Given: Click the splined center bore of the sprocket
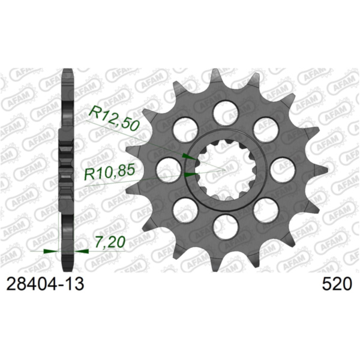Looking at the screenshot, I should pos(224,170).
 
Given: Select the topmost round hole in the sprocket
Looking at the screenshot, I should pos(224,112).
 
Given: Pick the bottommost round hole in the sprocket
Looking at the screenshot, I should pos(224,229).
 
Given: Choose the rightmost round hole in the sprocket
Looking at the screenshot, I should pos(283,170).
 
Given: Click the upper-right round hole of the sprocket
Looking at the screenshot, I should pos(265,129).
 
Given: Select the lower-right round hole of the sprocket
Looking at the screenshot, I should pos(265,211).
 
